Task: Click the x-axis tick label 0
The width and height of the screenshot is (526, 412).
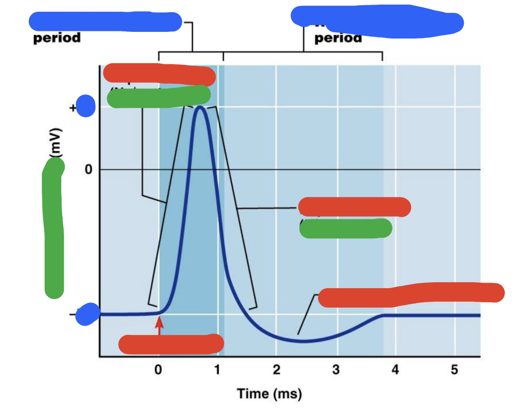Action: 158,370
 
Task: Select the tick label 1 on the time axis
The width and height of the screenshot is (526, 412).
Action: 217,370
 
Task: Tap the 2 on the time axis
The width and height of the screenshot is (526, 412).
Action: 276,370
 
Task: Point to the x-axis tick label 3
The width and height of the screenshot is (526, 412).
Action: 335,370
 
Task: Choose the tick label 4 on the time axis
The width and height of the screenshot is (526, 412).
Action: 395,370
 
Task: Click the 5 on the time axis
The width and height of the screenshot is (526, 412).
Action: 454,370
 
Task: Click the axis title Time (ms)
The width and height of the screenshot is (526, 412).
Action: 269,394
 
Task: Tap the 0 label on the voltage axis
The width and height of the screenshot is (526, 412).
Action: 88,170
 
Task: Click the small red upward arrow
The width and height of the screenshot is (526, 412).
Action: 159,325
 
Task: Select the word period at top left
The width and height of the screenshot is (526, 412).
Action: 57,39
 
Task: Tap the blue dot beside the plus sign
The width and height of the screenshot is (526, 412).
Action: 86,106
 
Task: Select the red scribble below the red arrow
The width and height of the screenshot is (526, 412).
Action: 171,344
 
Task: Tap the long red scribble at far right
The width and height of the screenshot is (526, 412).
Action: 411,294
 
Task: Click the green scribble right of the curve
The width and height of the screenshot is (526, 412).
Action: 346,228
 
